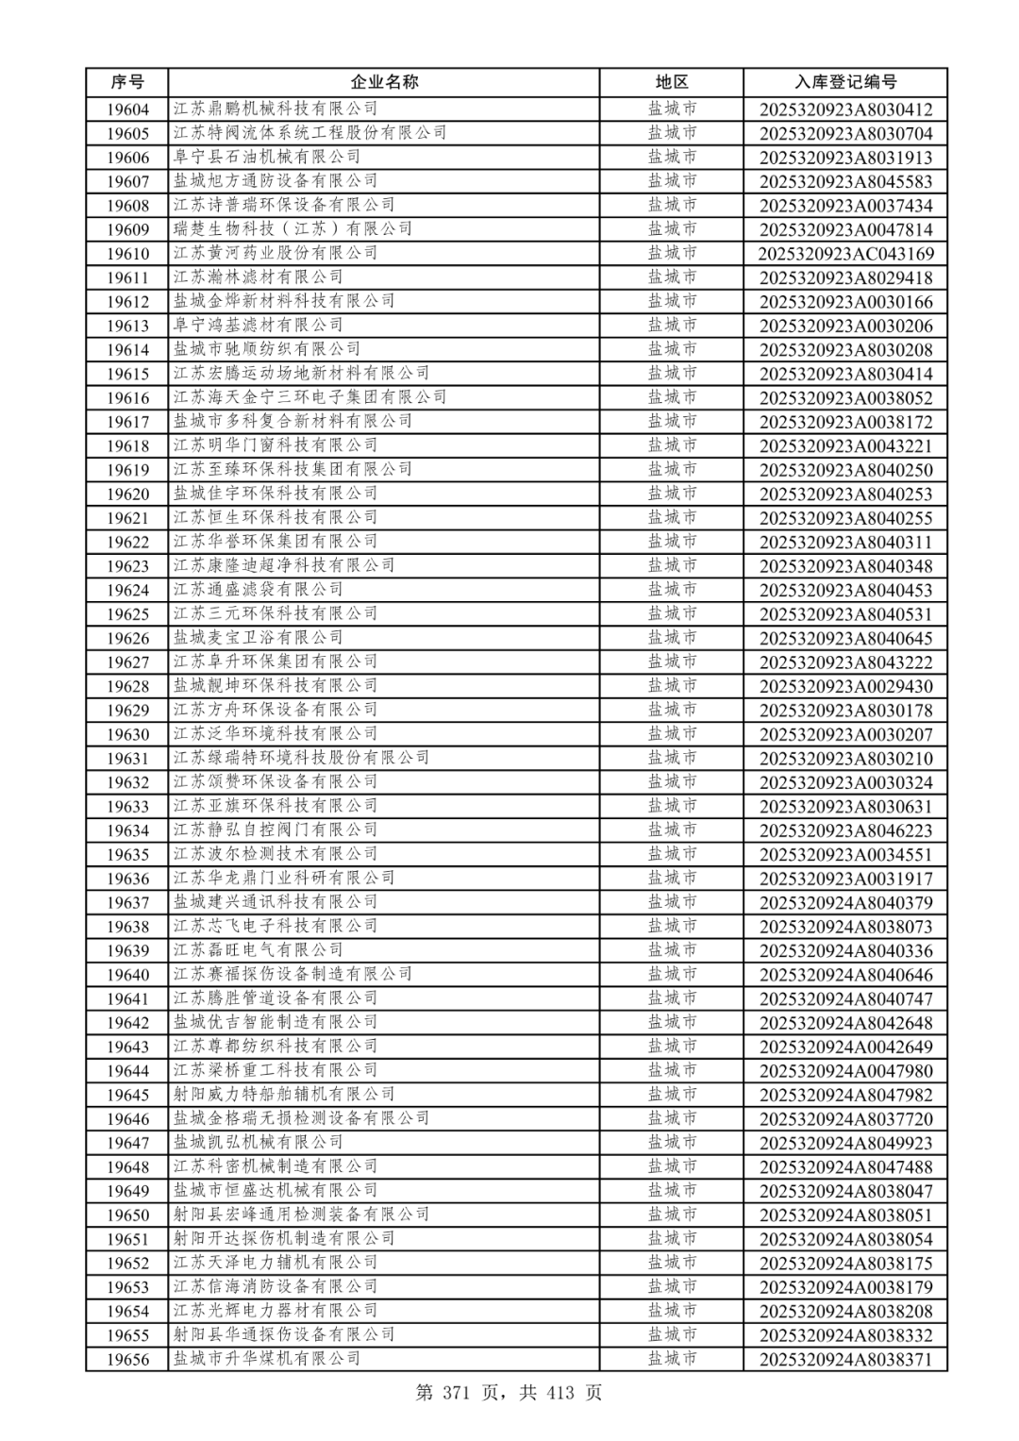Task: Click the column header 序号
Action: coord(127,82)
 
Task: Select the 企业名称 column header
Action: coord(384,82)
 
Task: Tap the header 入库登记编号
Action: coord(845,82)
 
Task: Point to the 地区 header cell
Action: coord(672,82)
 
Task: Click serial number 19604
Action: coord(127,109)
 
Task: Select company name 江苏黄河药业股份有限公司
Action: coord(276,253)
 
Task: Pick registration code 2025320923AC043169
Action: coord(845,254)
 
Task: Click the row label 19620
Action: coord(127,494)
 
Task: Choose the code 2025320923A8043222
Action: coord(845,662)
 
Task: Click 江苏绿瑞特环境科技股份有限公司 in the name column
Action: coord(301,758)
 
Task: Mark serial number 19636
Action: coord(127,879)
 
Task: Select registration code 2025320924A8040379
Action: coord(845,903)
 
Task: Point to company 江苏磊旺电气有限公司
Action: coord(258,950)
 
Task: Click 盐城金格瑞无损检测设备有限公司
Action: coord(301,1118)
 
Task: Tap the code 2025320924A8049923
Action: coord(845,1143)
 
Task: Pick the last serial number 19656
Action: coord(127,1359)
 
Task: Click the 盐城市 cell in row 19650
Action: coord(672,1215)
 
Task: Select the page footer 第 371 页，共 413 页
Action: coord(509,1393)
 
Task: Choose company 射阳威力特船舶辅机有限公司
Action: coord(284,1095)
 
